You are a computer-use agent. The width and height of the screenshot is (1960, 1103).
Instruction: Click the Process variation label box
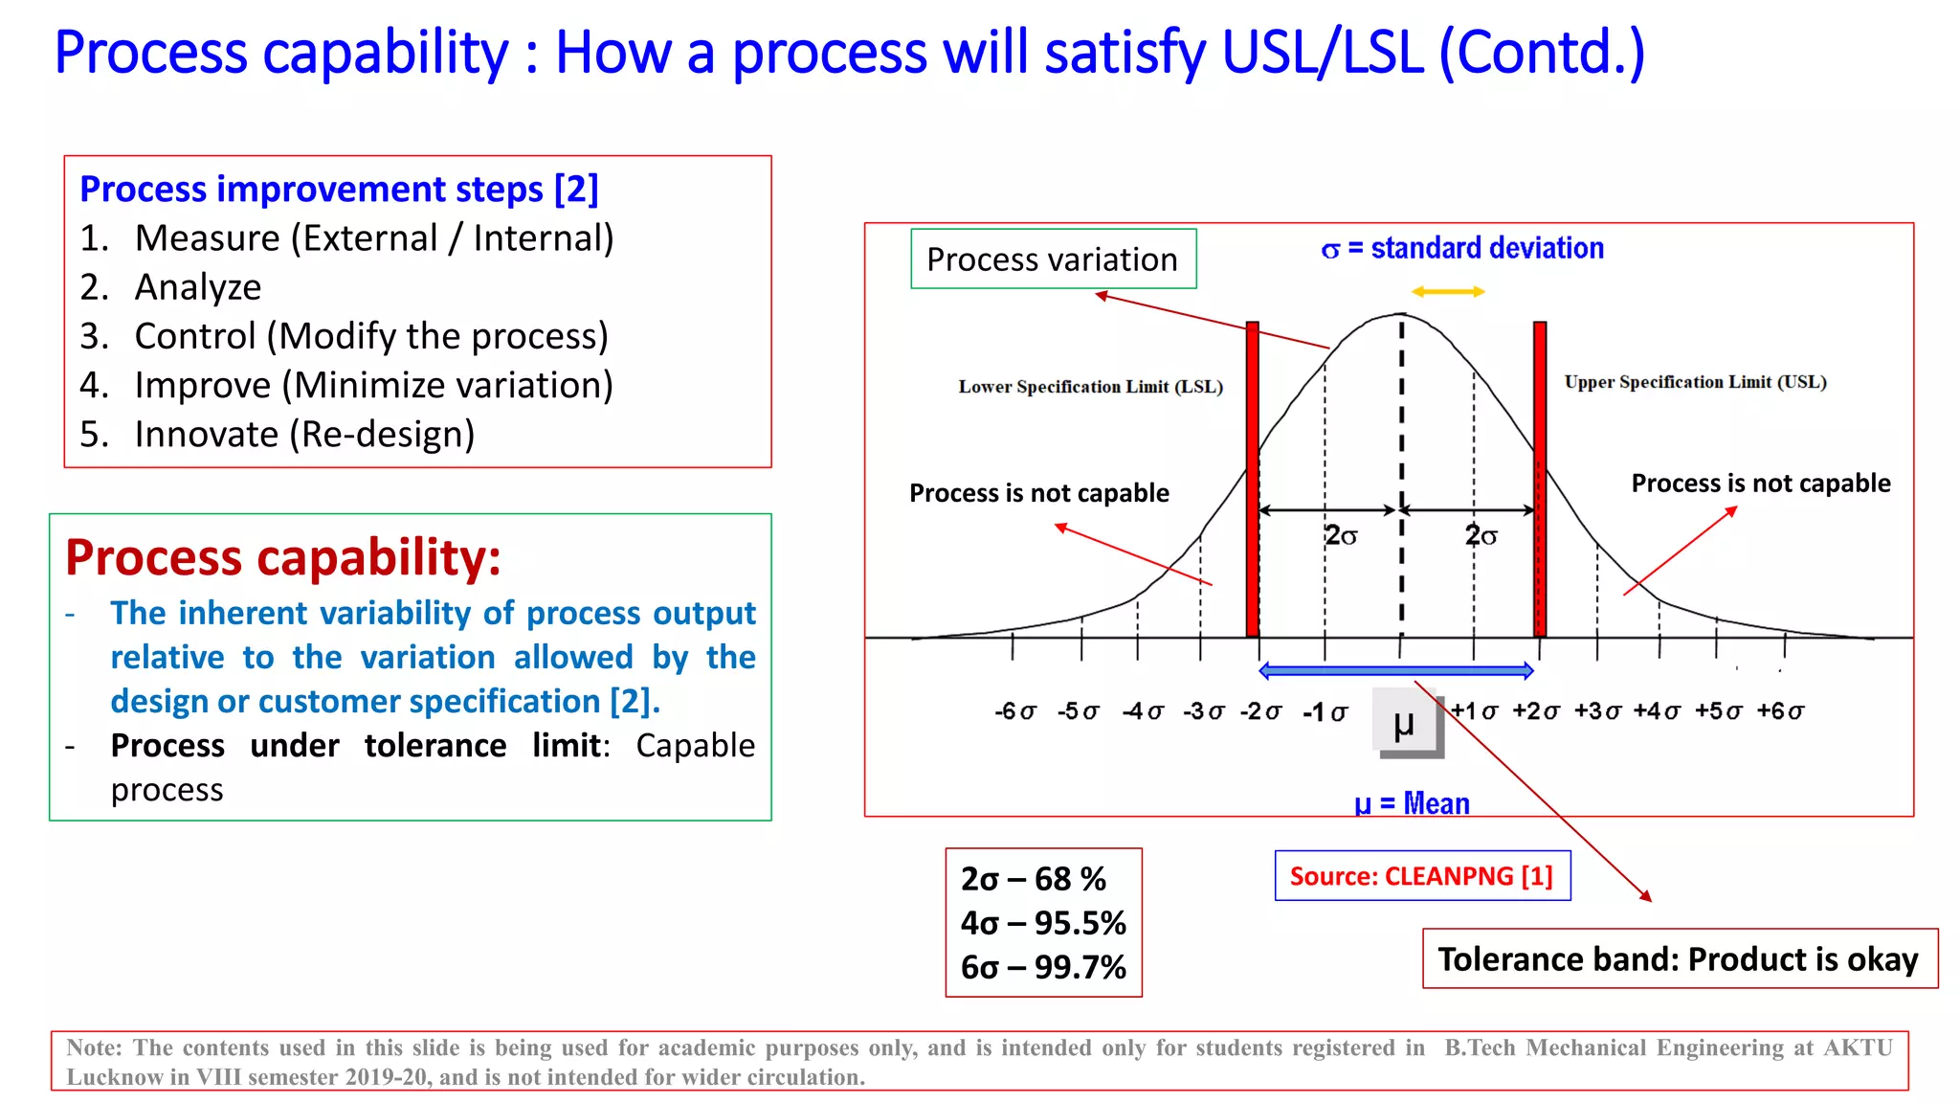click(x=1053, y=259)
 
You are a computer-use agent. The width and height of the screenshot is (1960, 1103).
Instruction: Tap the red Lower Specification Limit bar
click(x=1252, y=479)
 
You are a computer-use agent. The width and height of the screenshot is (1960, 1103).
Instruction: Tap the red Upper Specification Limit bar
click(x=1540, y=479)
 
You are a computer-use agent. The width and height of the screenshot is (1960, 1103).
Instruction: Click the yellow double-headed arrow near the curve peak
click(x=1448, y=292)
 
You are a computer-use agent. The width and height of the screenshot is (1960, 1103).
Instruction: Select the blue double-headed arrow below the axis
click(x=1396, y=671)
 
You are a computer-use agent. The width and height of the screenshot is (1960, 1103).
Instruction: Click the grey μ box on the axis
click(x=1406, y=722)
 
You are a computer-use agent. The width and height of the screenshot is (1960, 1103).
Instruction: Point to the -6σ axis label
click(x=1015, y=711)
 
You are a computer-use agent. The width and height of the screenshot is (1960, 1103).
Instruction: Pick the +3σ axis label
click(x=1597, y=711)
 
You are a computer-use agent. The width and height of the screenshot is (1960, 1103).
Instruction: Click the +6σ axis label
click(x=1780, y=711)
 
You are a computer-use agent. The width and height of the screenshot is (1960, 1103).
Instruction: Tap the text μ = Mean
click(x=1412, y=803)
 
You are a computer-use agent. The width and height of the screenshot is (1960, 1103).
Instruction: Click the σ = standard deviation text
click(x=1462, y=249)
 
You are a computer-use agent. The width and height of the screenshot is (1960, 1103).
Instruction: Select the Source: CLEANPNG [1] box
click(x=1422, y=876)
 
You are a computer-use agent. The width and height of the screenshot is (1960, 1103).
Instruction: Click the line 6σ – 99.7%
click(x=1043, y=967)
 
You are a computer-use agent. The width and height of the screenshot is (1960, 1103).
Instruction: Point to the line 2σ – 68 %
click(x=1034, y=879)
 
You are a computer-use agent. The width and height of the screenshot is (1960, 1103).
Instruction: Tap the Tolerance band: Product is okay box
click(x=1679, y=959)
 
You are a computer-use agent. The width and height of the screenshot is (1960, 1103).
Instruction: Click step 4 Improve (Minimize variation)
click(x=373, y=385)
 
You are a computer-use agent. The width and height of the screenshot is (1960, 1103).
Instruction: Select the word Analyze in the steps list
click(x=198, y=287)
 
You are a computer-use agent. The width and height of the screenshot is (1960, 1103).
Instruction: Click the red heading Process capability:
click(x=283, y=557)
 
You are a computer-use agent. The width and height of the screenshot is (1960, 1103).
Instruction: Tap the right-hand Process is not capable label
click(x=1761, y=484)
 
